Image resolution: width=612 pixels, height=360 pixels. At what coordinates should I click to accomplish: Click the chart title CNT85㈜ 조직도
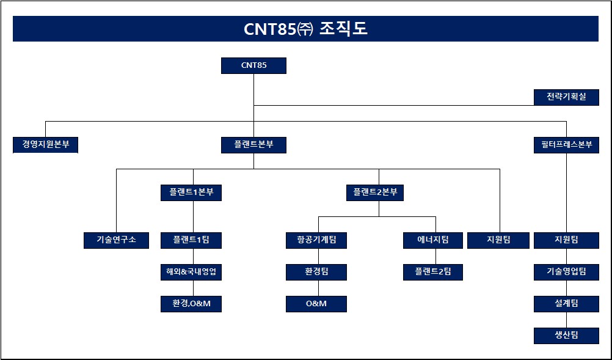305,29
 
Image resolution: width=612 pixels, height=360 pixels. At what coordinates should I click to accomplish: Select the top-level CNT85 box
253,65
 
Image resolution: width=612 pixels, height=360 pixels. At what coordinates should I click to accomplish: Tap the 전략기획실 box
566,97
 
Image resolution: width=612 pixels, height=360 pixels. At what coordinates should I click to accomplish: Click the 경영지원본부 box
46,145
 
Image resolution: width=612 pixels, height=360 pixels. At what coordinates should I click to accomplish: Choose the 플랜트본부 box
253,145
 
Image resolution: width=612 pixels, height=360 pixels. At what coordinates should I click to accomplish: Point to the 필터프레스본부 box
566,145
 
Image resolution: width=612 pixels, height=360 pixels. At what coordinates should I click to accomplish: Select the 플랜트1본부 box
191,193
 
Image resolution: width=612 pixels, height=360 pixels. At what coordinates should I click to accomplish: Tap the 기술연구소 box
116,240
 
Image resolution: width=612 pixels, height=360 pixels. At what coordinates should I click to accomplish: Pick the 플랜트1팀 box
191,240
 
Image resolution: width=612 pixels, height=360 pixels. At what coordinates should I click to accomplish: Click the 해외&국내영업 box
191,272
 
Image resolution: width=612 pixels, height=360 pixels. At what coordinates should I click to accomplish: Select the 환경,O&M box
191,304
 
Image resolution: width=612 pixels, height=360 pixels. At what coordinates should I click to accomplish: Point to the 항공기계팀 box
316,240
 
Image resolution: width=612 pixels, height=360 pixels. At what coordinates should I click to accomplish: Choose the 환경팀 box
316,272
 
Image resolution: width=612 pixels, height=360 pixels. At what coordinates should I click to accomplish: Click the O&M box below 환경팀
316,304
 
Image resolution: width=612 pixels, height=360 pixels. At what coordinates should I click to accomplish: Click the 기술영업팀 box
566,272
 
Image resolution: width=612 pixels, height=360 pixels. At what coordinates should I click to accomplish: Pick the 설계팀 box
566,304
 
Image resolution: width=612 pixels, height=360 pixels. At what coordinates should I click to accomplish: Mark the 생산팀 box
566,336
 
